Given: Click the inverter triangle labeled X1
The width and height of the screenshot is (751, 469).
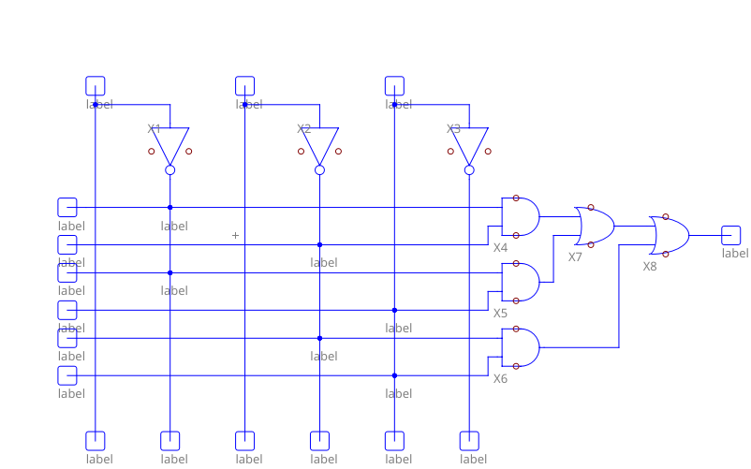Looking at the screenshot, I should [x=169, y=145].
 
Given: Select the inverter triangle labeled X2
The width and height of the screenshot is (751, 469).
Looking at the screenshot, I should [x=319, y=145].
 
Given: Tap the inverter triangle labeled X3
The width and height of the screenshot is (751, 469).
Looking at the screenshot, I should [x=469, y=145].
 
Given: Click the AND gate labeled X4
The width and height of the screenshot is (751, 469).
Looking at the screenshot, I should [x=521, y=216].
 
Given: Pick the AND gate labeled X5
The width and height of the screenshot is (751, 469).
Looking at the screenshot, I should [x=521, y=282].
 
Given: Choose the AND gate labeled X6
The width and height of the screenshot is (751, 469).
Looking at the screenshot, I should [x=521, y=347].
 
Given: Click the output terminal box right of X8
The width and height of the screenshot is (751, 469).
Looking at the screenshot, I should [x=731, y=235].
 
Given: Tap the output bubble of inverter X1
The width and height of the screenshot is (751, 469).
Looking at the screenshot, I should [x=169, y=170].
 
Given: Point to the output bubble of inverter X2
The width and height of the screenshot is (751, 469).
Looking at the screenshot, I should [x=319, y=170].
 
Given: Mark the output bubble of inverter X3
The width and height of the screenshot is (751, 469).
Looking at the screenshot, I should [x=469, y=170].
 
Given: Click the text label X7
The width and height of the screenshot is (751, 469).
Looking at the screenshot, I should [x=575, y=256].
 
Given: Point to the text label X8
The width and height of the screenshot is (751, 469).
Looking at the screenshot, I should [x=650, y=266].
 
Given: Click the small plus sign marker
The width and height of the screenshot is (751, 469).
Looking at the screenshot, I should [x=235, y=235].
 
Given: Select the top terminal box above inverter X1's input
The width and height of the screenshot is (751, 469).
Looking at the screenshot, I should [x=95, y=85].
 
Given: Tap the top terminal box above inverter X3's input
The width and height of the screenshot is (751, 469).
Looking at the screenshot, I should [x=394, y=85].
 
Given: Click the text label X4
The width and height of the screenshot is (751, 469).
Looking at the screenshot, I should [x=501, y=248].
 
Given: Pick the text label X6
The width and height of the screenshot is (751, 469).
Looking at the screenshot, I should [x=501, y=379].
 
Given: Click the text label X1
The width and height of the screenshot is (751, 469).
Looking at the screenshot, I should [x=155, y=129].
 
